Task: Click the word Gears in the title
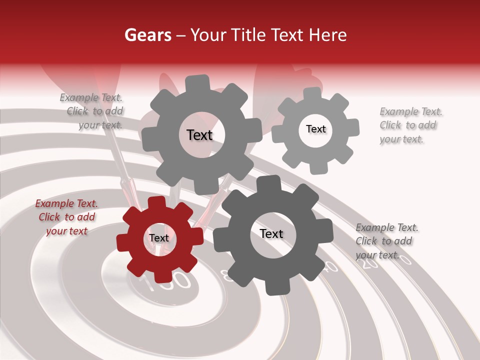(147, 35)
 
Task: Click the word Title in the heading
(247, 35)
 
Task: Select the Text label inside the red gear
(159, 238)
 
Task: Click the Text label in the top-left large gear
(199, 135)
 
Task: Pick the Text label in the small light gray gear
(315, 129)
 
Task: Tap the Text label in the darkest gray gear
(271, 234)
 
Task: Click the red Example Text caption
(66, 217)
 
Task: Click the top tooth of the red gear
(157, 202)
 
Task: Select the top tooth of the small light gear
(312, 93)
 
